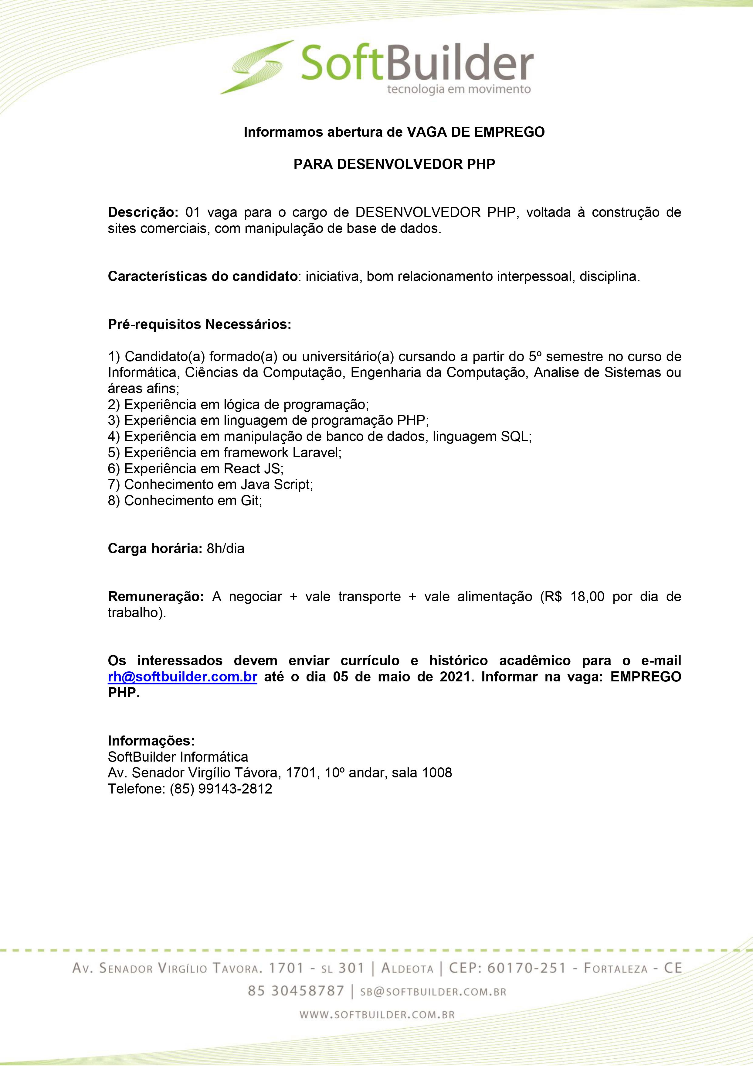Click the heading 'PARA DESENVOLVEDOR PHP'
click(394, 164)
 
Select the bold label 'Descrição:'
click(143, 213)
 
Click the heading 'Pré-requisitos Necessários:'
click(199, 324)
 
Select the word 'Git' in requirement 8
click(250, 501)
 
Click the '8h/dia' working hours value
click(226, 548)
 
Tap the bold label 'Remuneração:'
click(156, 597)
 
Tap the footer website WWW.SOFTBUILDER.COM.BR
click(377, 1015)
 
